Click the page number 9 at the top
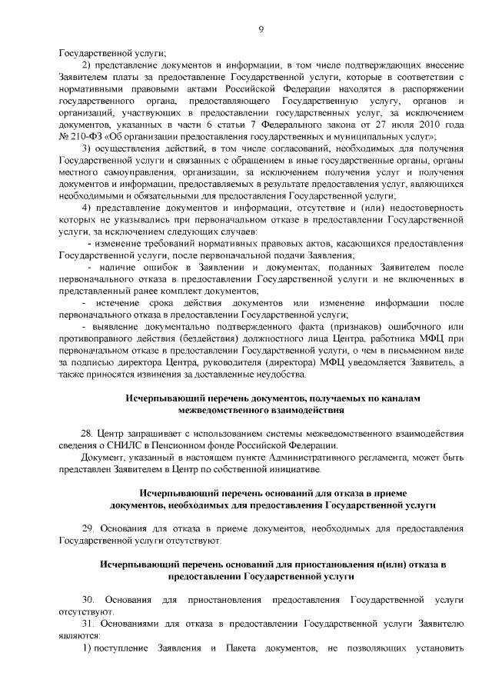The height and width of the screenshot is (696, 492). click(x=261, y=29)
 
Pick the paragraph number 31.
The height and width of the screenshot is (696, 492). click(x=87, y=621)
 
